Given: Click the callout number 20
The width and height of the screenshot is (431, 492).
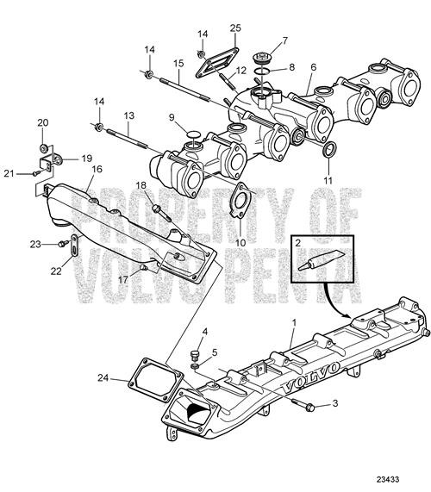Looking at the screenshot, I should (44, 123).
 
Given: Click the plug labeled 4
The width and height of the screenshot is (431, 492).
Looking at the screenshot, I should (193, 353).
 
